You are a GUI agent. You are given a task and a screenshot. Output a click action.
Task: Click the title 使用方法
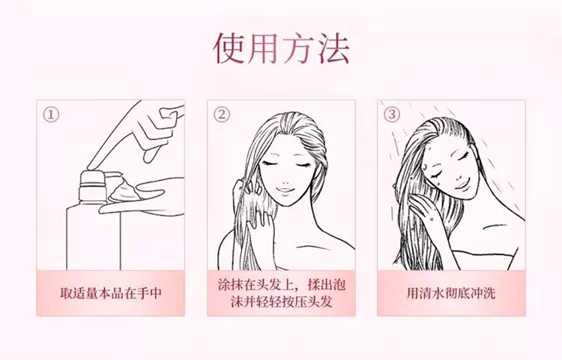281,49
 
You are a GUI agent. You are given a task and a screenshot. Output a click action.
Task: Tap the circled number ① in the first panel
51,115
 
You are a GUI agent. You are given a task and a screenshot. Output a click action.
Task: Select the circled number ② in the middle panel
222,115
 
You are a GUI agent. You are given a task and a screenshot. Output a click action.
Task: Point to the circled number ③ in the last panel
392,115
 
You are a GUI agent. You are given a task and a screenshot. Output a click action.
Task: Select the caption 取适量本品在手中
111,293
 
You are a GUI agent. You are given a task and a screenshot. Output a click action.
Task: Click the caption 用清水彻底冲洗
451,293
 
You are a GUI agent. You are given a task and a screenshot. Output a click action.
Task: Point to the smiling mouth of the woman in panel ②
285,190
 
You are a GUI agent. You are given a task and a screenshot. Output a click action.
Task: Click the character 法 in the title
333,49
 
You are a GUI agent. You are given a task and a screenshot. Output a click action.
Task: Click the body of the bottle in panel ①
93,237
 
